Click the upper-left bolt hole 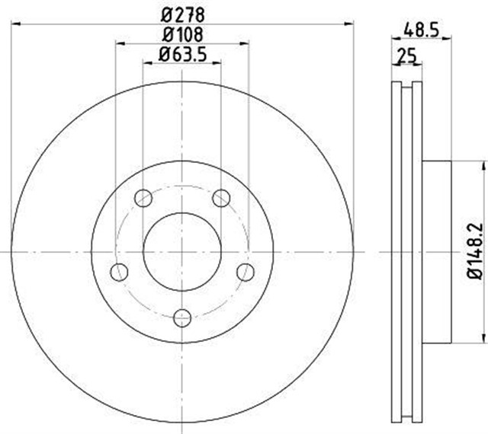click(143, 199)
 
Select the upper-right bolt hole click(221, 199)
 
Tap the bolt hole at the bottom click(181, 318)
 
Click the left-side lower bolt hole click(118, 272)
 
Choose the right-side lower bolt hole click(245, 272)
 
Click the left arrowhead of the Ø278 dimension click(15, 25)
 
